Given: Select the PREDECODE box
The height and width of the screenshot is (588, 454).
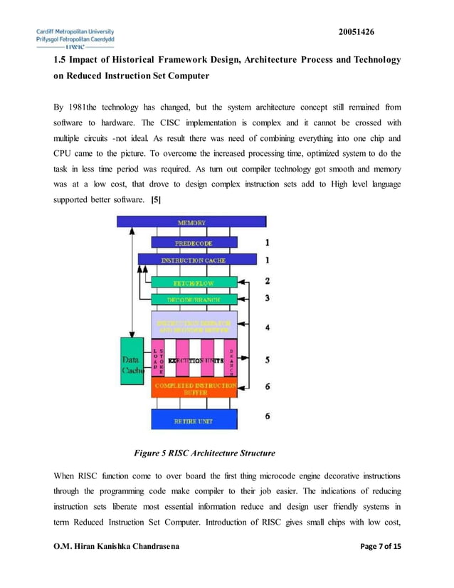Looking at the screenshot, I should click(x=194, y=243).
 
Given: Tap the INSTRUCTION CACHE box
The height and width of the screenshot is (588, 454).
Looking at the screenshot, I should click(x=193, y=261).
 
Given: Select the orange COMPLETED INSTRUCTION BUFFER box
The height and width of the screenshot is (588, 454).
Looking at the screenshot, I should click(x=194, y=389).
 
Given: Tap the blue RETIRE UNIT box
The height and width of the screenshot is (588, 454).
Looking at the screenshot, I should click(x=193, y=420).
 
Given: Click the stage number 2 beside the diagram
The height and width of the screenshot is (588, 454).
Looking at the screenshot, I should click(x=267, y=282).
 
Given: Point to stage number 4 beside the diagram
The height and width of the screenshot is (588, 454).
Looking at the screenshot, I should click(x=267, y=328).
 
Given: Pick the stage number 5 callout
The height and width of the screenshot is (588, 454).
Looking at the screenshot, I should click(x=267, y=360).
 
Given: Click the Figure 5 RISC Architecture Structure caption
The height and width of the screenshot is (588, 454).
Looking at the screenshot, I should click(x=204, y=453).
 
